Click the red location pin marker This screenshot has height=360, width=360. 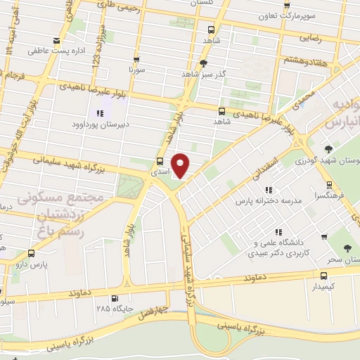pos(181,165)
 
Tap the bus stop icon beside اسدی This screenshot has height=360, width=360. pos(160,162)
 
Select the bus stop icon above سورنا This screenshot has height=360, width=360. pos(136,60)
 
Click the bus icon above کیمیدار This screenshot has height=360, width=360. pos(323,276)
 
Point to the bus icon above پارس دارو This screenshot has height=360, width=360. pos(31,253)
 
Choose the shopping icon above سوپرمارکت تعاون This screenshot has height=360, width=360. pos(287,5)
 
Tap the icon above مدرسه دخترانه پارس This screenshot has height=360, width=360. pos(268,190)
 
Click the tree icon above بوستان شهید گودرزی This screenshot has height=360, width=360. pos(328,149)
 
